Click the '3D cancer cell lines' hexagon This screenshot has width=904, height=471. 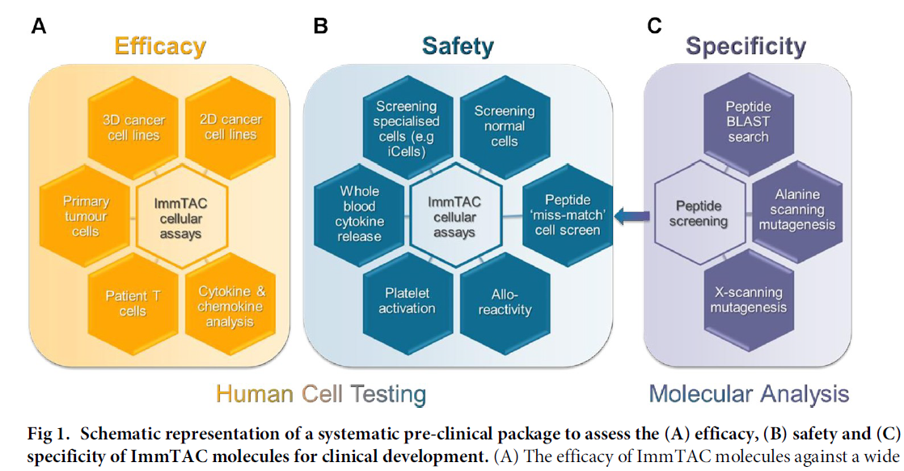coord(134,127)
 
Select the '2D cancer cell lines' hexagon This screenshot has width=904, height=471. coord(230,127)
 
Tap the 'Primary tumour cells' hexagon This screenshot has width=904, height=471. coord(86,215)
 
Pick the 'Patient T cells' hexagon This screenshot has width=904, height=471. coord(134,303)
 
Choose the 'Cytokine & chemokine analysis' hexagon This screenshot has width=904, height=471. coord(230,304)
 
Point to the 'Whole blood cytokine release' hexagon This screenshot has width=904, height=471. coord(358,215)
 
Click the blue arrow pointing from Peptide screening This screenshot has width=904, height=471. coord(632,216)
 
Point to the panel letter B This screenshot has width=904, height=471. coord(321,26)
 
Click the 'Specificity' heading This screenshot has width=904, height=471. coord(746,46)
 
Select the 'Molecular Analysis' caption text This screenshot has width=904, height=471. coord(750,394)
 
